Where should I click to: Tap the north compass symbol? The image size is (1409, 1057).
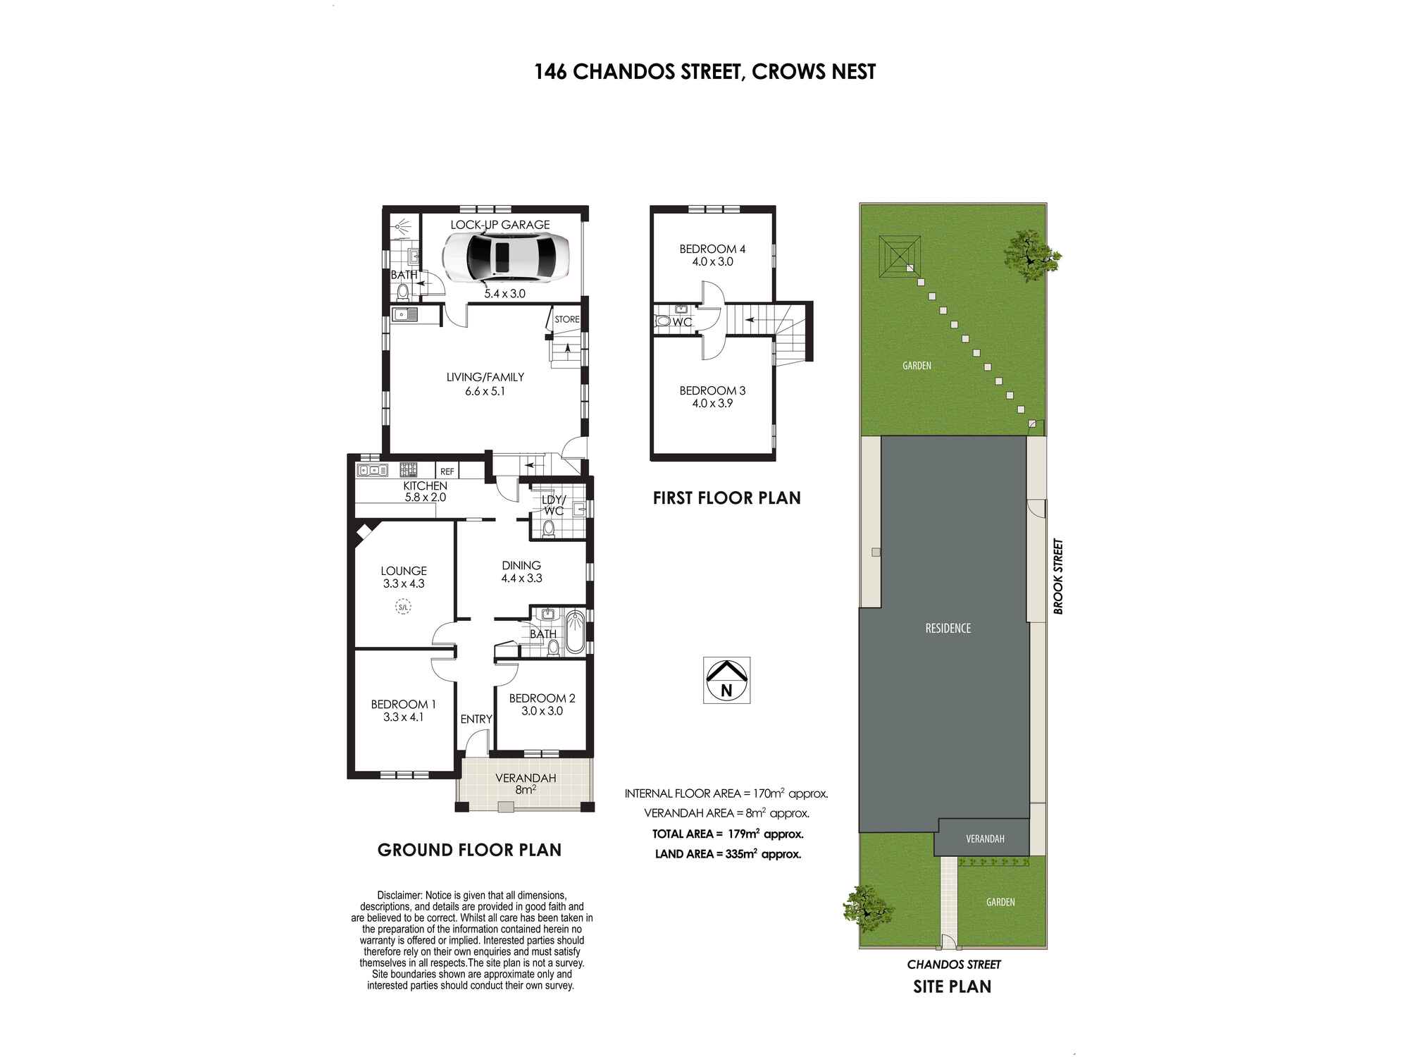point(726,680)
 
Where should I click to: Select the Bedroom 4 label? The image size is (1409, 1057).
point(712,249)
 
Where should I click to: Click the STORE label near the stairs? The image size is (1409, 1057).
point(566,319)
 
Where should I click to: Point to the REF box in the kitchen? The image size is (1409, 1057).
point(447,471)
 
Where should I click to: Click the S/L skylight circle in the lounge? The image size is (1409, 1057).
point(403,607)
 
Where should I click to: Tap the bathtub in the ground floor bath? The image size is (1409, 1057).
point(575,632)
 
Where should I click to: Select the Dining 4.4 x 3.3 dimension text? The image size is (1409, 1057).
point(521,579)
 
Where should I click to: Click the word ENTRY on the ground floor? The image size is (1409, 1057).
point(476,719)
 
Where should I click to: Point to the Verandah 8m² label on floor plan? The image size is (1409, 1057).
point(526,784)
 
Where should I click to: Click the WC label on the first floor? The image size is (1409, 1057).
point(681,322)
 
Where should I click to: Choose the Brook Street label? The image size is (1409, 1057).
point(1057,576)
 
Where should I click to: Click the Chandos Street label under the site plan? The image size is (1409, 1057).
point(954,964)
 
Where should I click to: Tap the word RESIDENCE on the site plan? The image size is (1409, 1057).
point(948,628)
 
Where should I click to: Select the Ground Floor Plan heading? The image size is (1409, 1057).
point(469,850)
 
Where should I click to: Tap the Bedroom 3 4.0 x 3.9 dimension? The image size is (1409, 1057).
point(712,404)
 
